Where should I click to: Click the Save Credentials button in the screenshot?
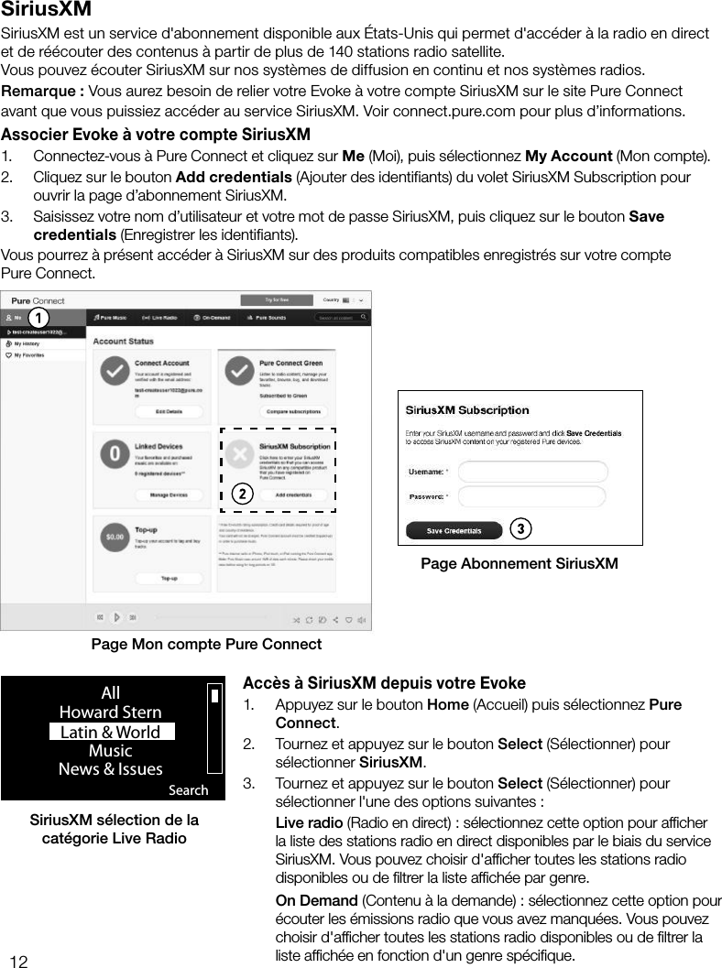pyautogui.click(x=454, y=530)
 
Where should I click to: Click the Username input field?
pyautogui.click(x=532, y=472)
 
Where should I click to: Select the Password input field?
pyautogui.click(x=532, y=496)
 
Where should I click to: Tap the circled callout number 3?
pyautogui.click(x=520, y=529)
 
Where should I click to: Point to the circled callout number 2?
pyautogui.click(x=240, y=494)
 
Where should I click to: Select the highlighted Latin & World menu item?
pyautogui.click(x=111, y=732)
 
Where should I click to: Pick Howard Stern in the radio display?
pyautogui.click(x=110, y=712)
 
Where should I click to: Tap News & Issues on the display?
pyautogui.click(x=110, y=769)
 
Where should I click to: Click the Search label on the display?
pyautogui.click(x=189, y=789)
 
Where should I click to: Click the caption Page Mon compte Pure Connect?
pyautogui.click(x=206, y=644)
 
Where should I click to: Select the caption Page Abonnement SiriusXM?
pyautogui.click(x=519, y=563)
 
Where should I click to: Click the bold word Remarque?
pyautogui.click(x=42, y=92)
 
